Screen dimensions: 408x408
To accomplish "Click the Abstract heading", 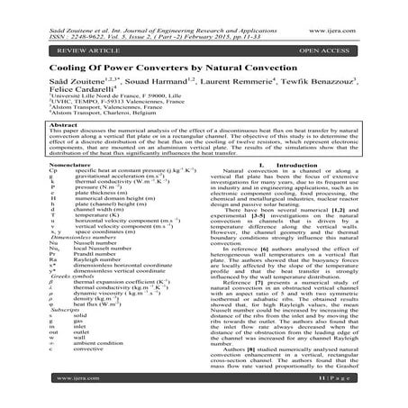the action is (x=37, y=137).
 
